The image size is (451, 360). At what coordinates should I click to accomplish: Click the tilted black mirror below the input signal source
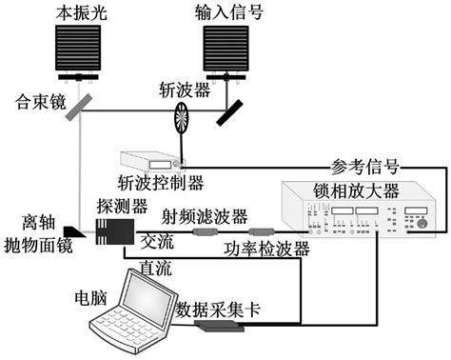(x=230, y=110)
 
